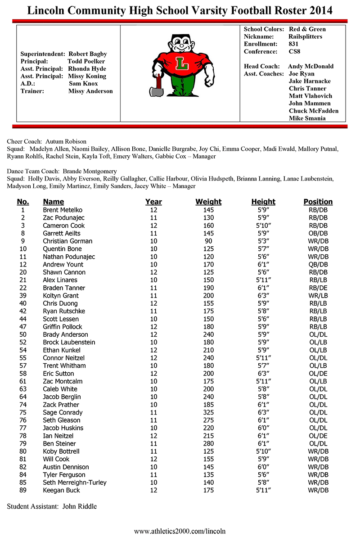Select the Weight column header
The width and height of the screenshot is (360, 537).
tap(208, 202)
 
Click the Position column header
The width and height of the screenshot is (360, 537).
tap(318, 202)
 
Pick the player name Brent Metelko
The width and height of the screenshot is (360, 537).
tap(63, 210)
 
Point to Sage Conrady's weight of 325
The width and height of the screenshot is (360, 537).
tap(208, 412)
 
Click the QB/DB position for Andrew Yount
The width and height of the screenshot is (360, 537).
tap(318, 264)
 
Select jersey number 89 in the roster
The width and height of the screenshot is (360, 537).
tap(23, 490)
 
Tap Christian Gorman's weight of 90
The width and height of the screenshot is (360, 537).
tap(208, 241)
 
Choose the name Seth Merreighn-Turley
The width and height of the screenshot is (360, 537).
tap(75, 483)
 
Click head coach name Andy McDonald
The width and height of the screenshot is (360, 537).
tap(311, 66)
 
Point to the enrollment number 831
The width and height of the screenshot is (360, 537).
tap(293, 44)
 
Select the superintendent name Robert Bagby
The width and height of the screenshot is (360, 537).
tap(87, 54)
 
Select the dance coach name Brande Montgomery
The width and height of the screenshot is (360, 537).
tap(90, 171)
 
